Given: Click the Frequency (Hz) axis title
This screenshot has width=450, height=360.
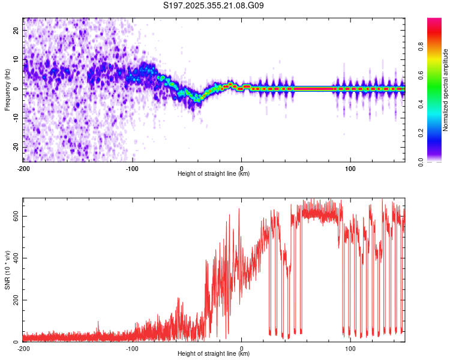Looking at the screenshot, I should [7, 90].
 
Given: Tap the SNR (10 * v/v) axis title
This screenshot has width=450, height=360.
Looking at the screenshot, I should [7, 270].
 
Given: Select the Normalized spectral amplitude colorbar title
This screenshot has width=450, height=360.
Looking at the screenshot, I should [446, 90].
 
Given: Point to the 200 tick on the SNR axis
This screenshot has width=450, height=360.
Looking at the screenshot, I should [16, 300].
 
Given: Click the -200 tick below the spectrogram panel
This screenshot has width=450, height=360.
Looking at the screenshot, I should [23, 167].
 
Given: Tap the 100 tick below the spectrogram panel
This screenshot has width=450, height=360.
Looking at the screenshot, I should [350, 167].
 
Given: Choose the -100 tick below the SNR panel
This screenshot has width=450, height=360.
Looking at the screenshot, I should [133, 348].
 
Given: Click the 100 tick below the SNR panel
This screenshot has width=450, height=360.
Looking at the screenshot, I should [350, 348].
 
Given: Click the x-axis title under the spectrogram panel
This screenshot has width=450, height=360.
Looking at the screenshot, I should [214, 174].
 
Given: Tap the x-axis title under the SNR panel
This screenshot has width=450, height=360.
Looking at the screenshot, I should [214, 354].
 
